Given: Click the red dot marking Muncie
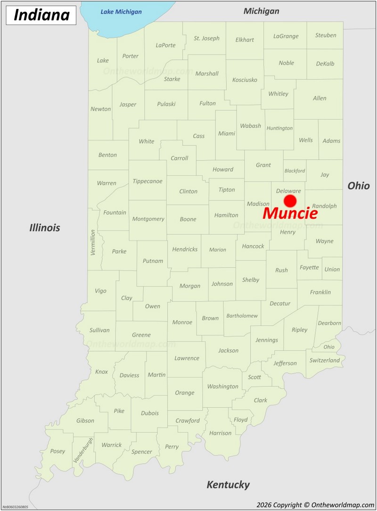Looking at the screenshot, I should pyautogui.click(x=290, y=201).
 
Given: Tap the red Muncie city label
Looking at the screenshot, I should pyautogui.click(x=290, y=213).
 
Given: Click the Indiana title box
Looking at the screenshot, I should pyautogui.click(x=41, y=15).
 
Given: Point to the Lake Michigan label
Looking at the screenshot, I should pyautogui.click(x=121, y=12).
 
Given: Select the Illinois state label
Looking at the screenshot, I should pyautogui.click(x=45, y=228).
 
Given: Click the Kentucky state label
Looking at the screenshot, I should pyautogui.click(x=228, y=484).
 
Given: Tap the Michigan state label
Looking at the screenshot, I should pyautogui.click(x=261, y=11).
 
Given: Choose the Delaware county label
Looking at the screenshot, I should pyautogui.click(x=288, y=190).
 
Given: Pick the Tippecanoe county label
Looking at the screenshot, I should pyautogui.click(x=148, y=181).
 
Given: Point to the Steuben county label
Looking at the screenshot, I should pyautogui.click(x=326, y=35).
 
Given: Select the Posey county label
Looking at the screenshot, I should pyautogui.click(x=57, y=451).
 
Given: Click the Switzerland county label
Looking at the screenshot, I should pyautogui.click(x=325, y=360).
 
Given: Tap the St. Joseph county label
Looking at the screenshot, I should pyautogui.click(x=206, y=38).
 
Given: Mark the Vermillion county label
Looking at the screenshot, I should pyautogui.click(x=93, y=242).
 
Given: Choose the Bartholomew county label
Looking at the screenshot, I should pyautogui.click(x=242, y=316).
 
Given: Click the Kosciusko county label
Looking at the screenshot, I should pyautogui.click(x=245, y=80).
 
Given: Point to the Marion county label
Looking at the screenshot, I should pyautogui.click(x=218, y=250).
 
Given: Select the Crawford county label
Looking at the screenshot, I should pyautogui.click(x=188, y=420).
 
